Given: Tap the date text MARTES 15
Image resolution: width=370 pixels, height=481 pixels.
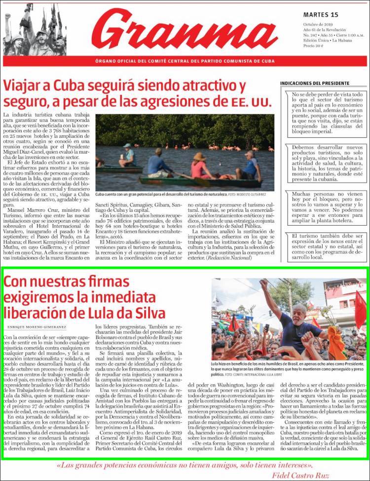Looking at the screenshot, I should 320,14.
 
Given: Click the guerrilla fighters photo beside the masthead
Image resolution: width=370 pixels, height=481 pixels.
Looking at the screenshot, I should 34,31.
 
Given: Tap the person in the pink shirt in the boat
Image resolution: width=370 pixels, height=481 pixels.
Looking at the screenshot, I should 200,165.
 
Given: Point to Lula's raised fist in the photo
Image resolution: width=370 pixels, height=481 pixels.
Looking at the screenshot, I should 264,285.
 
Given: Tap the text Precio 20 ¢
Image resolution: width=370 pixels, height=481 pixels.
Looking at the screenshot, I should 314,45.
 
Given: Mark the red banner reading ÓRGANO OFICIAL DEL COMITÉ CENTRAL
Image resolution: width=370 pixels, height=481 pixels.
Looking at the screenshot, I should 185,61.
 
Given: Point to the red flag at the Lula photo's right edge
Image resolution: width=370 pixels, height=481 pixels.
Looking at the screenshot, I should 361,309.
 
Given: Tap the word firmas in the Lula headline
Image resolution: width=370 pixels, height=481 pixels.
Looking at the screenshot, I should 105,282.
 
